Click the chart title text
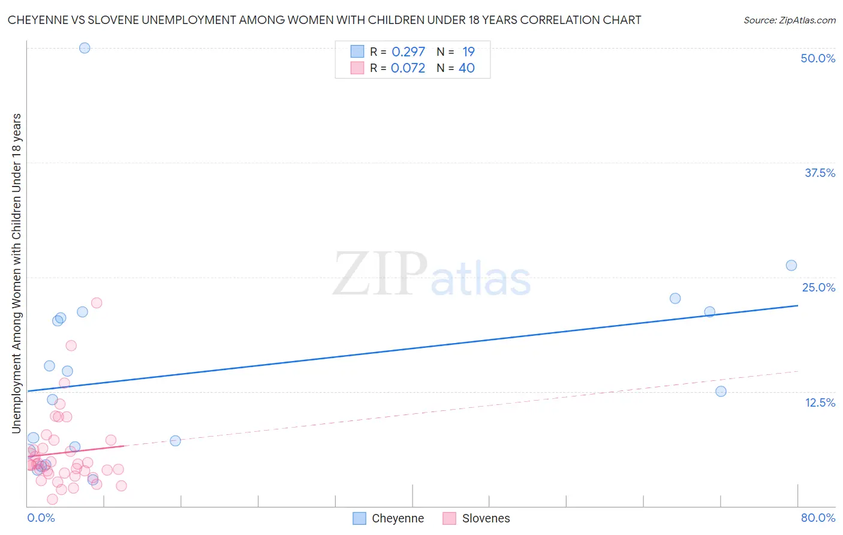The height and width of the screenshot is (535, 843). [x=324, y=20]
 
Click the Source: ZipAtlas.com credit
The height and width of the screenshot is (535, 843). [x=789, y=20]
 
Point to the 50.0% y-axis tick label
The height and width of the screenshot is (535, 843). [x=818, y=58]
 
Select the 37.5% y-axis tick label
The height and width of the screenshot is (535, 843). [x=820, y=173]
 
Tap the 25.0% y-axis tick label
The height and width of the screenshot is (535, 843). [x=818, y=287]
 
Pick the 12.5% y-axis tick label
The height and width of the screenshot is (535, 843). [x=820, y=402]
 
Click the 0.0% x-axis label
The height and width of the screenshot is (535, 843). [x=41, y=518]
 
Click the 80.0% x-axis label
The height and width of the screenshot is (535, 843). [x=818, y=518]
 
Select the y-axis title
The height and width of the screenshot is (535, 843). [x=16, y=273]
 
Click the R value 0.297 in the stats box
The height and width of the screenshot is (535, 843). [x=408, y=52]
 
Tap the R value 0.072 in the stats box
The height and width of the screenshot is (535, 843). [x=408, y=68]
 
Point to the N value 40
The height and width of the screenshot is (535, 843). [x=466, y=68]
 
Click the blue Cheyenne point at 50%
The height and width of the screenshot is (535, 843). [x=85, y=48]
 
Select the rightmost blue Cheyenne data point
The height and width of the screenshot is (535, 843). [x=791, y=265]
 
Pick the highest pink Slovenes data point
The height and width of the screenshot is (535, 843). [x=97, y=303]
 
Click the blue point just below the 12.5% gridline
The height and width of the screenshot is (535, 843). [x=721, y=391]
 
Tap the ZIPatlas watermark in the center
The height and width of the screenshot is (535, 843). [x=432, y=275]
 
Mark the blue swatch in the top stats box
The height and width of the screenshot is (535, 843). [x=357, y=52]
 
